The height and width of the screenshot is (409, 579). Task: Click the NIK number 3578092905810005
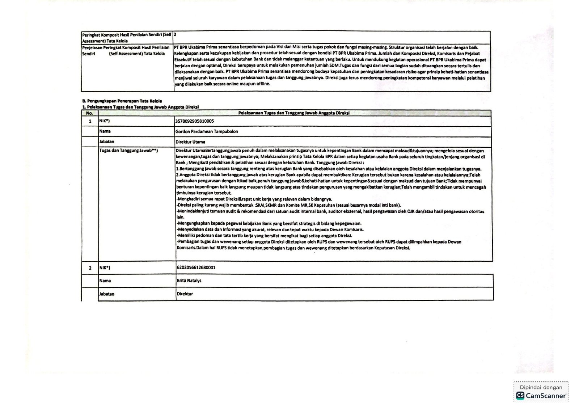coord(194,121)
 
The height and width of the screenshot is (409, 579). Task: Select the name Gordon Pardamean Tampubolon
coord(207,131)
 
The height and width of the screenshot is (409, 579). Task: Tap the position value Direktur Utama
coord(190,142)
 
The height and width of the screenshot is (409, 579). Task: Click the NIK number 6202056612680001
coord(196,267)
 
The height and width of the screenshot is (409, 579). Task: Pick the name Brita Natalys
coord(189,281)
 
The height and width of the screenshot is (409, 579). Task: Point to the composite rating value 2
coord(175,35)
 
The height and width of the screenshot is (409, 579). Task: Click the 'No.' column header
coord(89,113)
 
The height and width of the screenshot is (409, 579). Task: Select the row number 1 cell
coord(90,121)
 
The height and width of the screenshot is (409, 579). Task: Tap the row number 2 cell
coord(90,268)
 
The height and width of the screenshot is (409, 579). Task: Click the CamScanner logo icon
coord(520,396)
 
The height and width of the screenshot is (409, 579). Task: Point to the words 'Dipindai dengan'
coord(541,387)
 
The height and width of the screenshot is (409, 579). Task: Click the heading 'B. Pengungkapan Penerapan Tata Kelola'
coord(122,101)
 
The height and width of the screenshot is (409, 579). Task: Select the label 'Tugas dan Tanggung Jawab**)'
coord(128,151)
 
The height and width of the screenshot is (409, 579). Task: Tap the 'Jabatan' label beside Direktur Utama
coord(106,142)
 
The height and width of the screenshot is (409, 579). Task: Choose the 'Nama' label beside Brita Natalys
coord(105,281)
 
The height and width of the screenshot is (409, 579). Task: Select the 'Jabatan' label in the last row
coord(107,294)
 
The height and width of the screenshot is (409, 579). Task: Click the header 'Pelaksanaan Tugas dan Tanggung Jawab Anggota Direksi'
coord(293,113)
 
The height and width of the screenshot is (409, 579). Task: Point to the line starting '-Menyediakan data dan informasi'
coord(270,229)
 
